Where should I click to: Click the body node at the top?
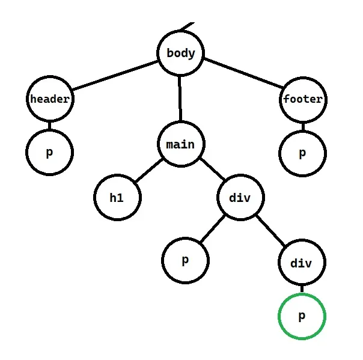click(x=180, y=53)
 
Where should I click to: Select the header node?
click(x=49, y=99)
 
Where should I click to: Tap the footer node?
click(x=302, y=99)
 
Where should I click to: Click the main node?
click(x=180, y=144)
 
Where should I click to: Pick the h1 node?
click(x=117, y=197)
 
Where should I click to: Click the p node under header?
click(x=49, y=151)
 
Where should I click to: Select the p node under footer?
click(x=302, y=153)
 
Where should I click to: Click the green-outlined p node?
click(x=302, y=316)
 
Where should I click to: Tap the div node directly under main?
click(x=240, y=197)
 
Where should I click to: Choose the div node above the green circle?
click(x=302, y=263)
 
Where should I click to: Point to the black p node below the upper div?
click(x=186, y=261)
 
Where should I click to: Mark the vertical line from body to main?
click(x=180, y=99)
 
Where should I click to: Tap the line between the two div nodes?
click(x=271, y=230)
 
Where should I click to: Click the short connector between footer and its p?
click(x=302, y=126)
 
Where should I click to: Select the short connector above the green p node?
click(x=302, y=290)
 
